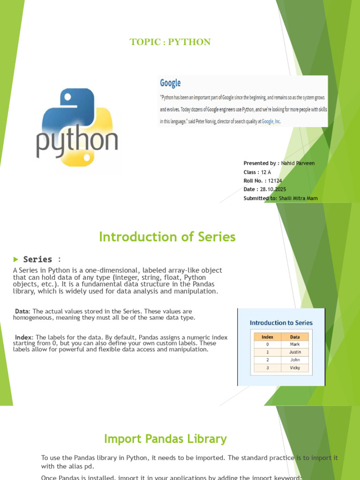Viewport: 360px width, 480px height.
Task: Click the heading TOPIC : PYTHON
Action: [170, 42]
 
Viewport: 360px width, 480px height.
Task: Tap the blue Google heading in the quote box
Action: [170, 83]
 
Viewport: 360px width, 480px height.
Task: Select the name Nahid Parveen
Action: [298, 163]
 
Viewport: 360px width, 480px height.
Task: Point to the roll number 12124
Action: [275, 180]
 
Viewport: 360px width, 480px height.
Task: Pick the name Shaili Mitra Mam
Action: [298, 198]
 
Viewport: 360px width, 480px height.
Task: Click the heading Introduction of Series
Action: [167, 237]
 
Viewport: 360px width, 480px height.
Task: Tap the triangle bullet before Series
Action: [15, 259]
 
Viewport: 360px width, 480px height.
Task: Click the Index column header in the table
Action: [268, 337]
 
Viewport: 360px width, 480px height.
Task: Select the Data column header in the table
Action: [295, 337]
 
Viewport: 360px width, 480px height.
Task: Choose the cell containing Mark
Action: [295, 344]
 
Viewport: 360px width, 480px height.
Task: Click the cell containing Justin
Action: [295, 352]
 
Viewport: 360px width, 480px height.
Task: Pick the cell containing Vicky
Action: [295, 368]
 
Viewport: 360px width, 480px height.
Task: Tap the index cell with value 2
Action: [268, 360]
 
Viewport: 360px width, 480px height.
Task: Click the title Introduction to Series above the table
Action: [281, 322]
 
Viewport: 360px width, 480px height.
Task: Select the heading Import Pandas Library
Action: [165, 439]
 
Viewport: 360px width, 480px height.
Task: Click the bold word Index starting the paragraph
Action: [23, 337]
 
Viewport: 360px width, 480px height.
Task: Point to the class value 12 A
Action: [266, 172]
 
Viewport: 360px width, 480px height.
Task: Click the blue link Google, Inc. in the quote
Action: [271, 121]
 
